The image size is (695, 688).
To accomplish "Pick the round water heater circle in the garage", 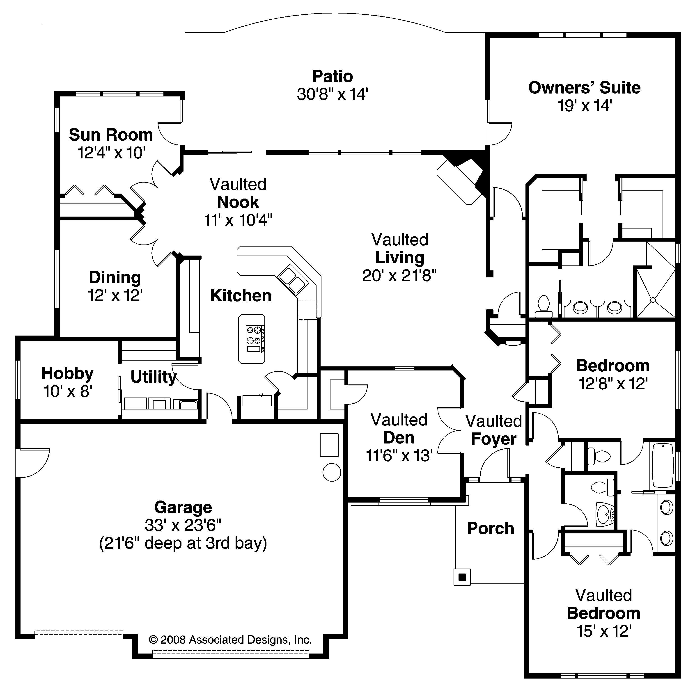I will [332, 472].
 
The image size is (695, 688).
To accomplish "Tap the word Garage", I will [183, 507].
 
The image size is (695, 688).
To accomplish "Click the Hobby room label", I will [68, 373].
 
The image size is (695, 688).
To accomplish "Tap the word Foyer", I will [493, 439].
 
